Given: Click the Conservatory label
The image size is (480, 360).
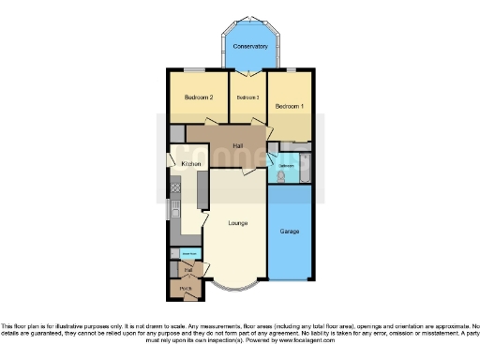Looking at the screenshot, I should click(x=250, y=46).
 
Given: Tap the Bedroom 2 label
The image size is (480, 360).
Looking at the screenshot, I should click(x=199, y=97).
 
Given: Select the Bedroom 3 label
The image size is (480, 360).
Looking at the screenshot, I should click(x=247, y=97).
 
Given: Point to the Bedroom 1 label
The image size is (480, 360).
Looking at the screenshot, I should click(x=290, y=107).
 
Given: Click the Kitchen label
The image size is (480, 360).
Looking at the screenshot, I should click(x=191, y=164).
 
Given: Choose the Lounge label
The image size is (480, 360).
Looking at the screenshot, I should click(x=238, y=223).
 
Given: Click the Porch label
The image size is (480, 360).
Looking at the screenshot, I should click(x=186, y=289).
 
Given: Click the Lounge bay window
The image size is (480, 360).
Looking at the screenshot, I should click(x=229, y=287).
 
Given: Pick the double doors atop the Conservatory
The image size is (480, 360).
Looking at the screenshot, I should click(x=249, y=20).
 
